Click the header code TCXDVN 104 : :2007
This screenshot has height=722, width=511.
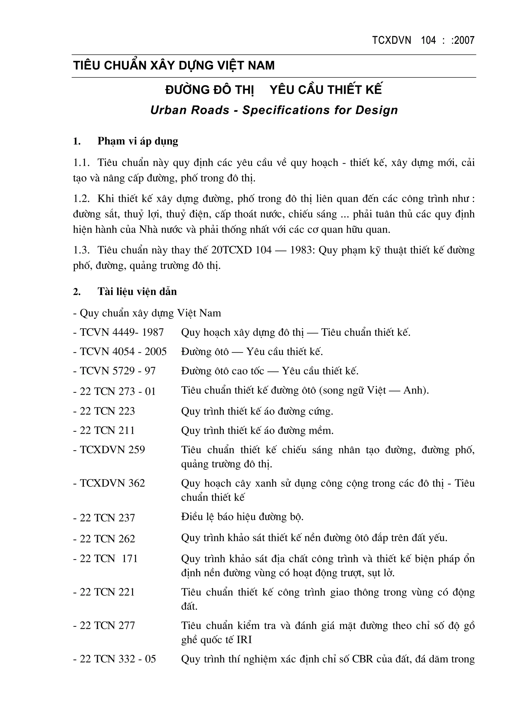click(423, 41)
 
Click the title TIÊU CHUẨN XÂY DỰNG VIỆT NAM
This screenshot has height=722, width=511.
click(174, 66)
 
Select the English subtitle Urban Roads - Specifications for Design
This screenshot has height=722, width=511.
click(274, 110)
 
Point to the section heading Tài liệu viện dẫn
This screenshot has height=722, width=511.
click(137, 291)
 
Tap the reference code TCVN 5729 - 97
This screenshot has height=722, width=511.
click(118, 371)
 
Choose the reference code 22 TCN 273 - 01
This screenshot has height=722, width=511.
click(118, 391)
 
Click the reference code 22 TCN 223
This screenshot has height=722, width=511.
click(107, 411)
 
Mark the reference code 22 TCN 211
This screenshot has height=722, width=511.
click(107, 431)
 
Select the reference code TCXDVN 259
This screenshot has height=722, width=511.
click(112, 450)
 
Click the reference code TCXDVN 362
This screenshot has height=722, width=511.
click(112, 483)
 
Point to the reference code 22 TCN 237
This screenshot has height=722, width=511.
click(107, 518)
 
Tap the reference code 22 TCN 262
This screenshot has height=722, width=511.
click(107, 539)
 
